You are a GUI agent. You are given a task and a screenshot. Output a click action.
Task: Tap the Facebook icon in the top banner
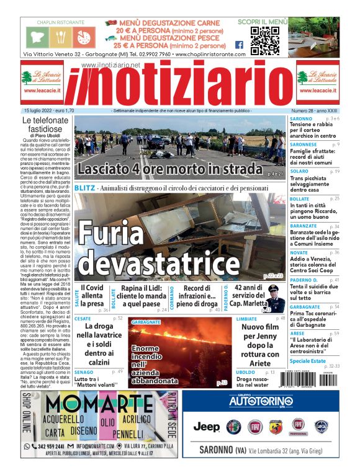[239, 45]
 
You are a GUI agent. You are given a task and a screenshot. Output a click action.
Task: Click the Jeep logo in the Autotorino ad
[207, 426]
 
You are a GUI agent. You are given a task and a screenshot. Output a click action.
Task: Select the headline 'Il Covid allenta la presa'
[92, 295]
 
